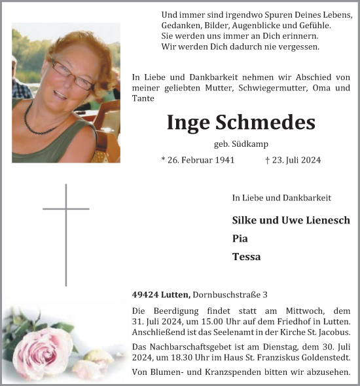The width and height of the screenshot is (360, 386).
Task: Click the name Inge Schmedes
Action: [x=241, y=123]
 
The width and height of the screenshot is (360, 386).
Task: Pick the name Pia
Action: [x=240, y=239]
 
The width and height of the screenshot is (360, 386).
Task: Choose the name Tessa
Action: [x=246, y=257]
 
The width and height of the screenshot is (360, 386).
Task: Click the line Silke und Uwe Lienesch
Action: [x=291, y=220]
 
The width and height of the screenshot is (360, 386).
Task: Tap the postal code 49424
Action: [x=144, y=295]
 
